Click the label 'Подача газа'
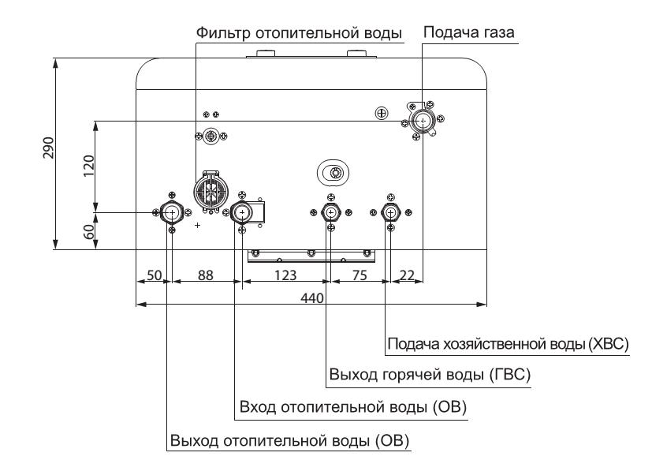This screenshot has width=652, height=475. (468, 32)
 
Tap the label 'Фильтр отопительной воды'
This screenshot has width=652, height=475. (299, 33)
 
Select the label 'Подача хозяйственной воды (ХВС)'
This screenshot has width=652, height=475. (509, 344)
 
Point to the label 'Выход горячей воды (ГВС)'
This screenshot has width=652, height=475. (430, 375)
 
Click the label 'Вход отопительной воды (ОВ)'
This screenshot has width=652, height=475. (353, 406)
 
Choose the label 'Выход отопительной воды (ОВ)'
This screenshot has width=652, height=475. (290, 440)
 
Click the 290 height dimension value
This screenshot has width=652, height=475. (49, 148)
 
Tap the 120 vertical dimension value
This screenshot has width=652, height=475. (88, 166)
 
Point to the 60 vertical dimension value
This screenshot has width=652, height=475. (88, 232)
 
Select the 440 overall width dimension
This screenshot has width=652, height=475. (312, 298)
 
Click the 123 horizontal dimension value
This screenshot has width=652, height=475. (285, 275)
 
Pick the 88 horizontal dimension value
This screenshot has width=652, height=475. (206, 275)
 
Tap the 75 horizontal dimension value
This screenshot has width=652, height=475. (360, 275)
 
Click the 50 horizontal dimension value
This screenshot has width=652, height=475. (155, 275)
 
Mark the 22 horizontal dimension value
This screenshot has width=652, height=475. (407, 275)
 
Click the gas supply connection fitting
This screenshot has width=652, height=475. (423, 121)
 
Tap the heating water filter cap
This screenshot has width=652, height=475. (211, 192)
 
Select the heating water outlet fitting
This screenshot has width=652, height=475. (172, 213)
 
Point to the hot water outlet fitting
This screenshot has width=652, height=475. (331, 213)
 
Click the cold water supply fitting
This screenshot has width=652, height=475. (390, 213)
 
